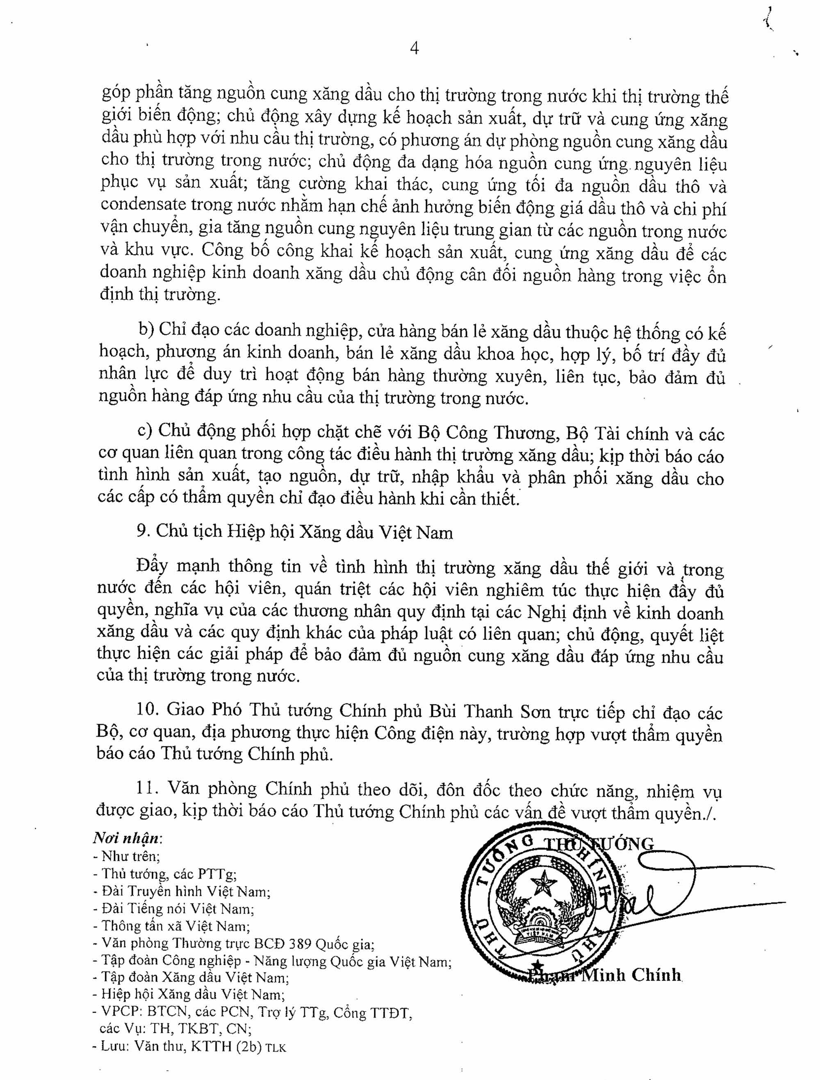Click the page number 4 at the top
tap(415, 48)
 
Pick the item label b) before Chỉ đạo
tap(146, 329)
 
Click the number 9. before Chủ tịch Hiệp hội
tap(143, 531)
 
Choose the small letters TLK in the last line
tap(276, 1048)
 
